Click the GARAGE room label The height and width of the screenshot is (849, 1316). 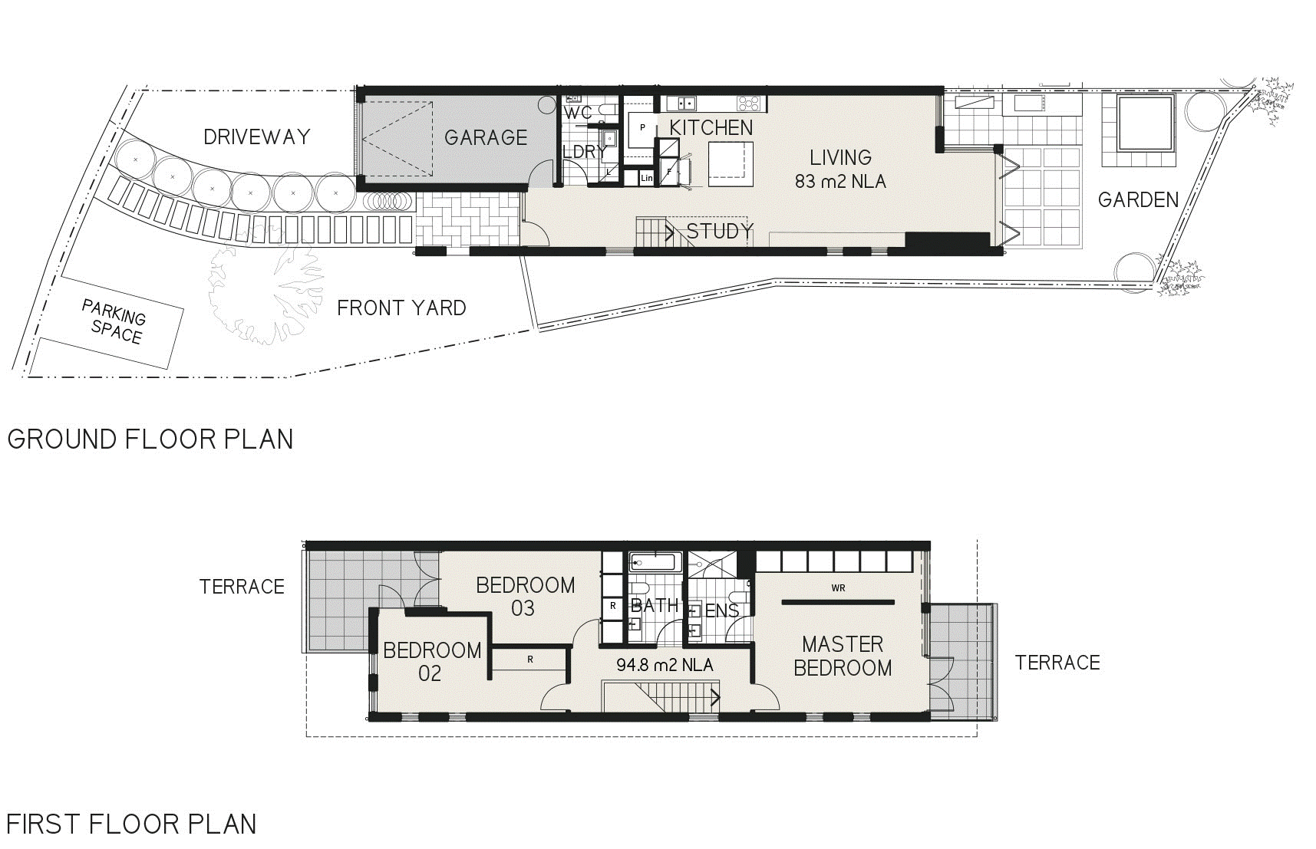tap(486, 137)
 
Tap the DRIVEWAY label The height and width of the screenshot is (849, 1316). tap(257, 137)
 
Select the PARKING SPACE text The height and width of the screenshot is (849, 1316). tap(114, 322)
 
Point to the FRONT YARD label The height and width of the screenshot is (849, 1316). tap(401, 308)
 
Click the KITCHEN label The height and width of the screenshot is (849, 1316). tap(711, 127)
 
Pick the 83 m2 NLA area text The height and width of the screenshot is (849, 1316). tap(841, 182)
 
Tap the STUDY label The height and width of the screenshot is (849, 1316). tap(720, 231)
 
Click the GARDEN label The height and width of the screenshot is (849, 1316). tap(1138, 199)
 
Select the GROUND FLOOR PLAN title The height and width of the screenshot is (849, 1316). tap(150, 439)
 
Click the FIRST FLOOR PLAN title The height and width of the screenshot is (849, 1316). tap(132, 824)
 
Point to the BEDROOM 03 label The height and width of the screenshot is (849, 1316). tap(526, 597)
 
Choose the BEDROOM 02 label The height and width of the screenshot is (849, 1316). tap(431, 662)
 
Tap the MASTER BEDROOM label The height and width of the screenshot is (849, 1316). tap(843, 656)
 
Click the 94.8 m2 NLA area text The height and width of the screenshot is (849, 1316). tap(665, 665)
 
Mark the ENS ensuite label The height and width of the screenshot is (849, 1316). tap(722, 611)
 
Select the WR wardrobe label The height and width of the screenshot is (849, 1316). tap(838, 588)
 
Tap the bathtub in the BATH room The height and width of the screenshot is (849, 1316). tap(653, 562)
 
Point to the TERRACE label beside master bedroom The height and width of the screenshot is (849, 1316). tap(1057, 663)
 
